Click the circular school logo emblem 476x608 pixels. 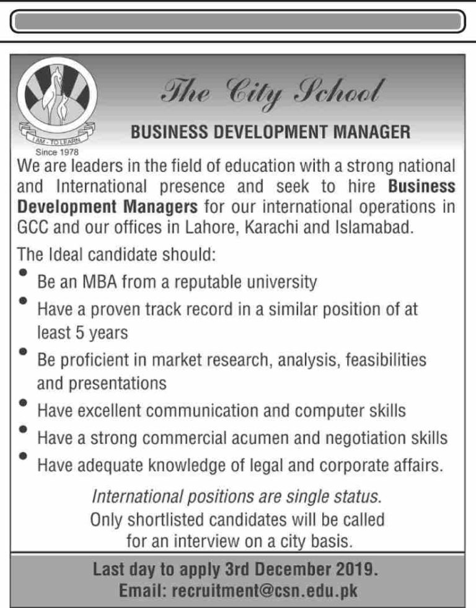[x=56, y=102]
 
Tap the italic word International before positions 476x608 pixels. [x=137, y=496]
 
